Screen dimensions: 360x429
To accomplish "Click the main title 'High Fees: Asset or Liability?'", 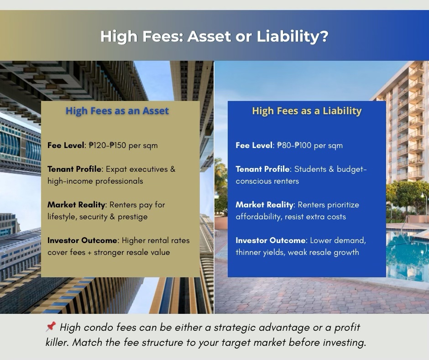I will click(x=214, y=36).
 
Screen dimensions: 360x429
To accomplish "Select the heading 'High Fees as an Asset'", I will click(x=117, y=111).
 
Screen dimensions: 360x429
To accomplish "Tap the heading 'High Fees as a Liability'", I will click(x=307, y=111).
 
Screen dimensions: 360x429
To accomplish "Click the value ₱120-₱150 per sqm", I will click(x=123, y=145).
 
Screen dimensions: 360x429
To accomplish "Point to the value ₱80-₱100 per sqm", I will click(x=309, y=145).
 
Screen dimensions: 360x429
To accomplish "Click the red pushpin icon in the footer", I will click(x=51, y=327).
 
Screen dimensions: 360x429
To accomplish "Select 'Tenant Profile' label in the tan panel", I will click(x=74, y=169).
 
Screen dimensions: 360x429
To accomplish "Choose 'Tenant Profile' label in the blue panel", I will click(x=262, y=169).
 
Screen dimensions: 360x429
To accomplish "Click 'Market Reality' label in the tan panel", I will click(x=77, y=205).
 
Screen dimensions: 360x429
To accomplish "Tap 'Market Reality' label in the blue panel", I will click(x=265, y=205).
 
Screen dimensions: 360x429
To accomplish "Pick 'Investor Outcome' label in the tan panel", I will click(x=83, y=240).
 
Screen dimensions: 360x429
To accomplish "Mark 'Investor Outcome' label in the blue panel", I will click(x=271, y=240).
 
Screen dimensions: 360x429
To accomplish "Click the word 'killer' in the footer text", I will click(x=58, y=343).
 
